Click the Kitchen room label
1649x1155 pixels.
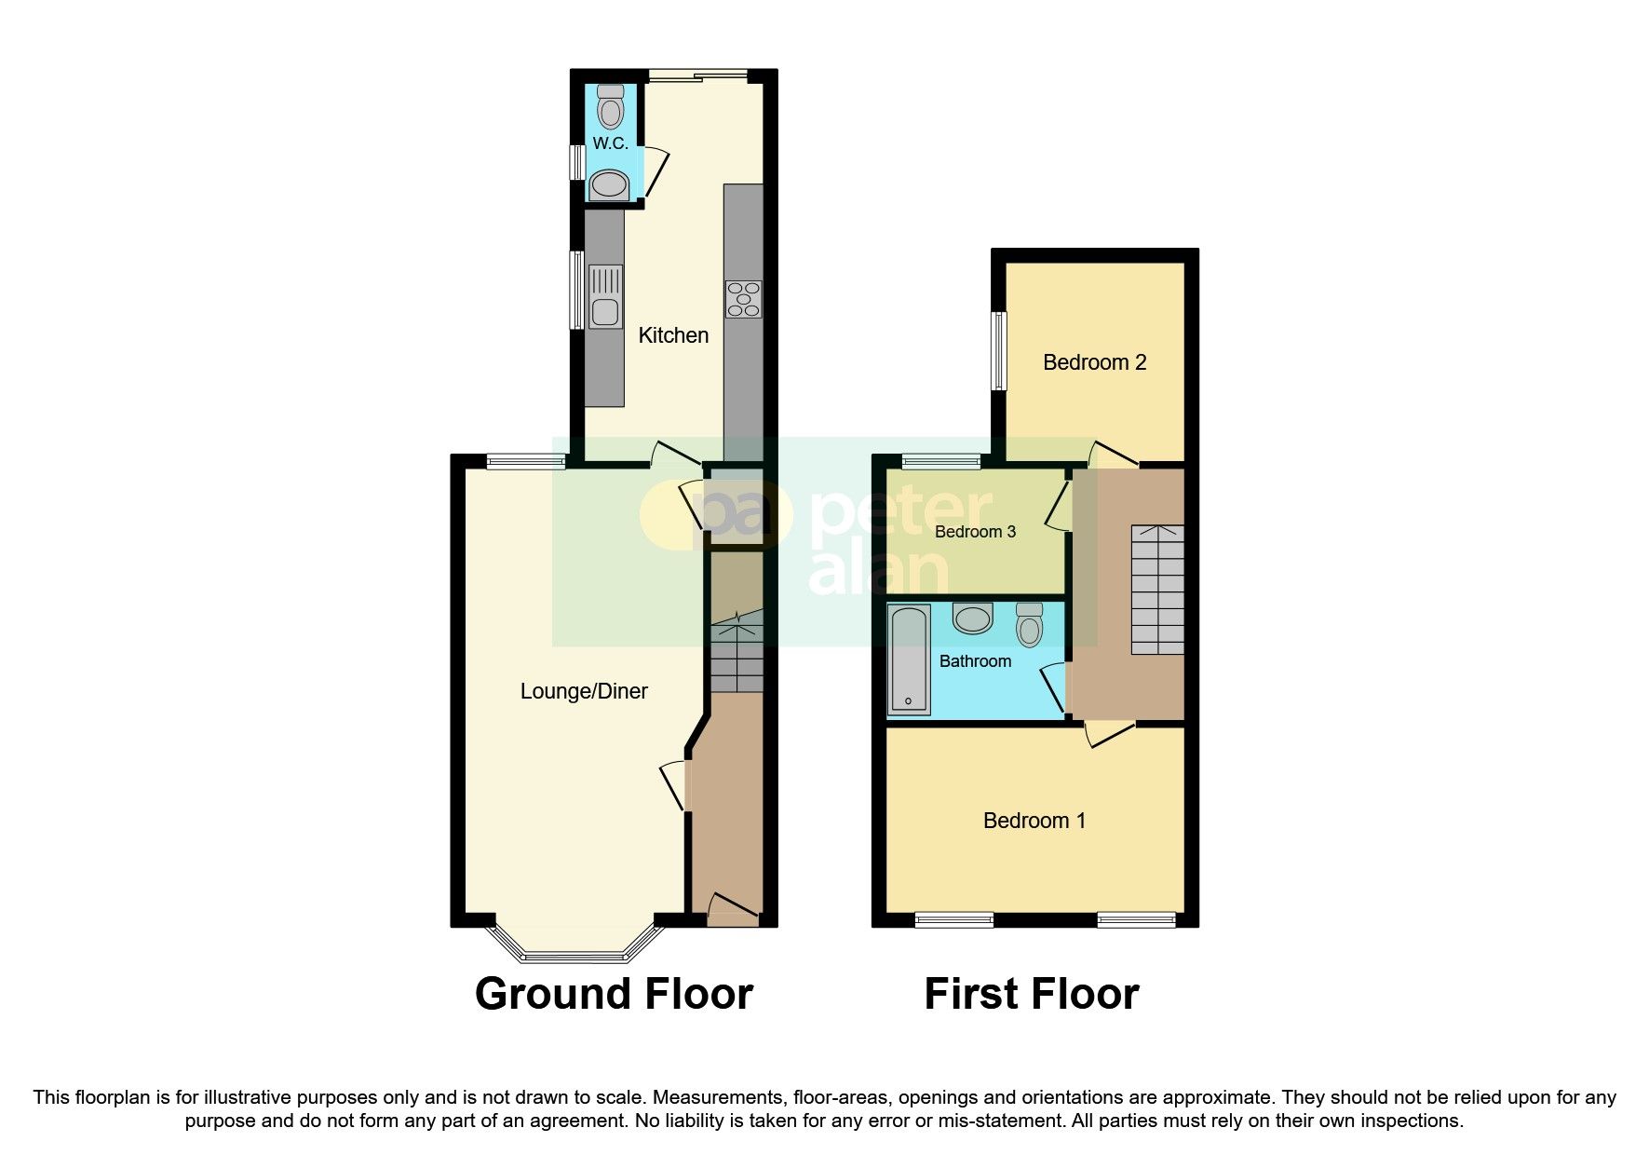click(x=673, y=335)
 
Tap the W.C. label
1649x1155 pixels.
click(x=610, y=143)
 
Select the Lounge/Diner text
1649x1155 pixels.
click(x=584, y=691)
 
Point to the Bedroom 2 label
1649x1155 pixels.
click(x=1094, y=362)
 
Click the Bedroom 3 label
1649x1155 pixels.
click(x=975, y=532)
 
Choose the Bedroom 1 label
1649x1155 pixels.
click(x=1034, y=821)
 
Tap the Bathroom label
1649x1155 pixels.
click(x=975, y=661)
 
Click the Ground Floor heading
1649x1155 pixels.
click(x=614, y=994)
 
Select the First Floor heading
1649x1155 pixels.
click(x=1031, y=994)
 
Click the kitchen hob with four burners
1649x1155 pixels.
click(x=743, y=299)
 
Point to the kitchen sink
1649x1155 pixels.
click(x=605, y=297)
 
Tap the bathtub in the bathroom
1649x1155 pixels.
click(x=909, y=659)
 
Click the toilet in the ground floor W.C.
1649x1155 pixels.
click(x=611, y=107)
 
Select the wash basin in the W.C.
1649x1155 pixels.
click(x=610, y=184)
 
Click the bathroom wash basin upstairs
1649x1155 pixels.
click(x=973, y=618)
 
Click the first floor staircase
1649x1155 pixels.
click(x=1157, y=589)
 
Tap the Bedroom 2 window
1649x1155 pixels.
click(x=998, y=350)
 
